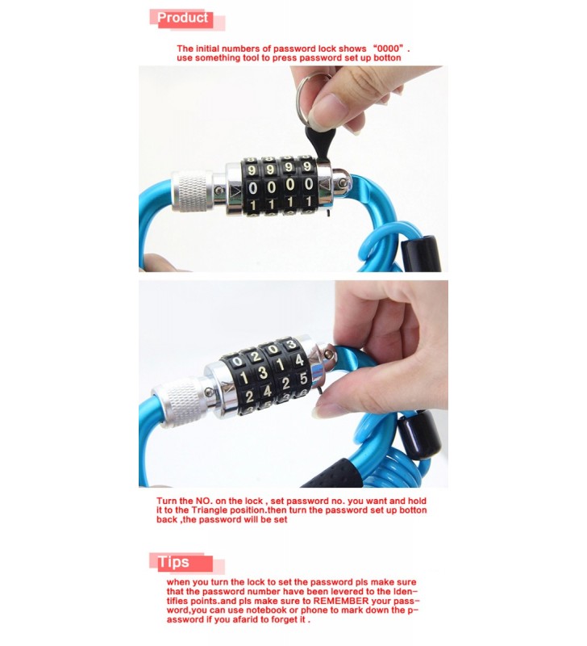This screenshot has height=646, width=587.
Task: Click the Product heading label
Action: click(183, 18)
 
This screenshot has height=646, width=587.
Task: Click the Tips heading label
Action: click(173, 562)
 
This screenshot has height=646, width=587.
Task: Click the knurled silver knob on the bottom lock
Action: click(180, 401)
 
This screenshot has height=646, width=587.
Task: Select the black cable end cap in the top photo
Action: click(420, 253)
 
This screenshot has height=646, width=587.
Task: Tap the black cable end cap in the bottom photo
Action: click(418, 435)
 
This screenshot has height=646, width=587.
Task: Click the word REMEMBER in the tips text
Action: click(341, 601)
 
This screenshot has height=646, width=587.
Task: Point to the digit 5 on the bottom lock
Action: click(303, 378)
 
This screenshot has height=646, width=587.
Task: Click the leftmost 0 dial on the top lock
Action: click(253, 187)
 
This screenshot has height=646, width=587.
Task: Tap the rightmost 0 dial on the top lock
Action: click(309, 184)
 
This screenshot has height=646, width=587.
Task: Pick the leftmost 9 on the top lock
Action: click(252, 170)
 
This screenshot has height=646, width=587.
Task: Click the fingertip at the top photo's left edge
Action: click(154, 263)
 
